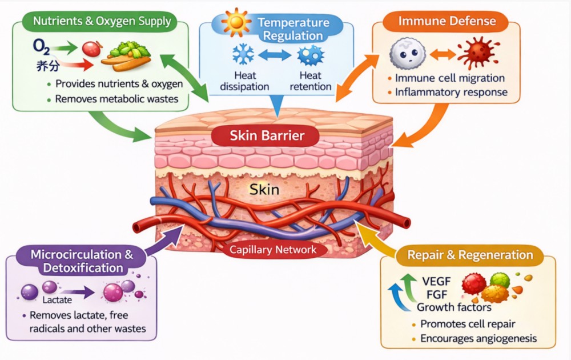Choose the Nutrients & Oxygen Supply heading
pyautogui.click(x=102, y=22)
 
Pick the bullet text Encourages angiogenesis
pyautogui.click(x=478, y=338)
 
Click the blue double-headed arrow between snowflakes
pyautogui.click(x=278, y=55)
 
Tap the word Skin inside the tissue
pyautogui.click(x=264, y=189)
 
